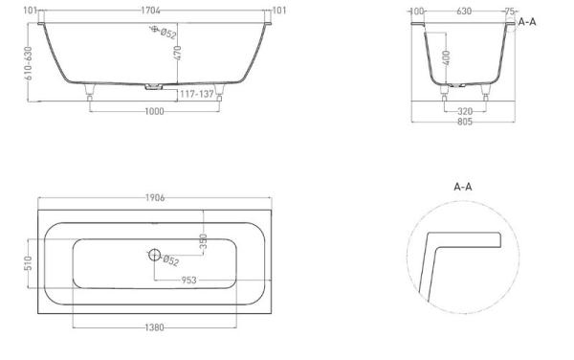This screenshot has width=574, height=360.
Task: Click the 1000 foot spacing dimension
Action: pyautogui.click(x=154, y=111)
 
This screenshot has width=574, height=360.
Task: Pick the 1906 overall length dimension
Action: pyautogui.click(x=154, y=198)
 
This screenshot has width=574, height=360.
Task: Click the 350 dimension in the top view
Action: pyautogui.click(x=203, y=240)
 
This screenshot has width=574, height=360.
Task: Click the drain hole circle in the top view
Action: pyautogui.click(x=154, y=256)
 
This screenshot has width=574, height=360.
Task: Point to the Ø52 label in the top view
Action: pyautogui.click(x=171, y=259)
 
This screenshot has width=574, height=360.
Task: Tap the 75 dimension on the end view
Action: pyautogui.click(x=507, y=11)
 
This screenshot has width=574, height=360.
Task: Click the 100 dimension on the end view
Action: pyautogui.click(x=416, y=11)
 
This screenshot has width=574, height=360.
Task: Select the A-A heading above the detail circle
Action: pyautogui.click(x=462, y=187)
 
